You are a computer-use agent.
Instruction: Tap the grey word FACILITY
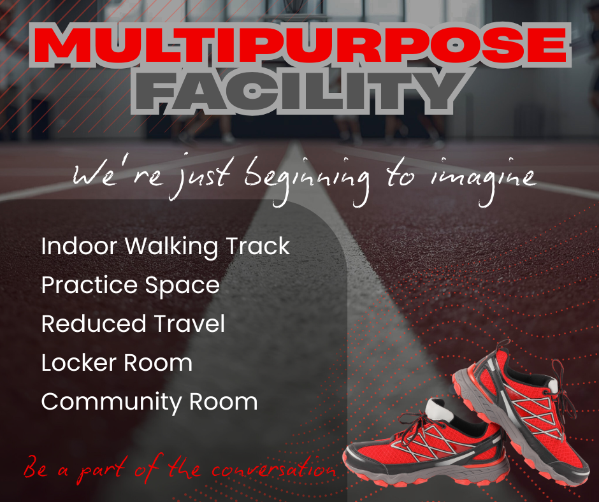pos(299,92)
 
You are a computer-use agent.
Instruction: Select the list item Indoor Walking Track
pos(165,247)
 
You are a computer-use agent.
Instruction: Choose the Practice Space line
pos(130,285)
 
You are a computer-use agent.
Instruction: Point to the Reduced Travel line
pos(133,324)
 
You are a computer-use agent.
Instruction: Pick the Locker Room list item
pos(117,362)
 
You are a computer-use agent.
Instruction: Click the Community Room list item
pos(149,402)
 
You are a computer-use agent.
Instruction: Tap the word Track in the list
pos(258,247)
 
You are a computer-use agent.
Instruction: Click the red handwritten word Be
pos(36,470)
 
